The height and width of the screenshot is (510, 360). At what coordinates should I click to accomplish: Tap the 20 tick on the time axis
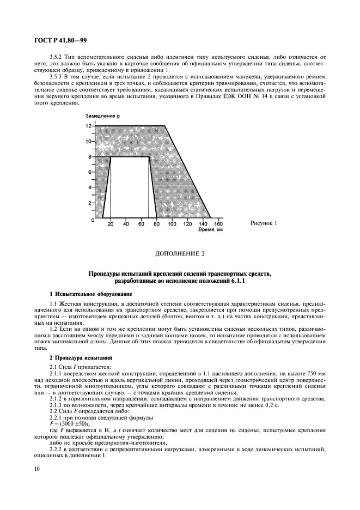click(x=111, y=224)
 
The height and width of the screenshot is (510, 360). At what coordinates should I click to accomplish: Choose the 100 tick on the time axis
click(x=172, y=224)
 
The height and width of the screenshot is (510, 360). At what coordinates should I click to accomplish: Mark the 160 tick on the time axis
click(x=218, y=224)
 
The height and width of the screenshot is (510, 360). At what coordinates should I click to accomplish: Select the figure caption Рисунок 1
click(x=264, y=223)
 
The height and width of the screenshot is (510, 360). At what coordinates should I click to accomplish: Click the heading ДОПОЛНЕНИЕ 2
click(x=179, y=254)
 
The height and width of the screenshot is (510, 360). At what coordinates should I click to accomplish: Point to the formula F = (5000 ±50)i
click(x=71, y=410)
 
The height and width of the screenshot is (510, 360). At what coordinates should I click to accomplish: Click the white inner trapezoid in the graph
click(x=130, y=188)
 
